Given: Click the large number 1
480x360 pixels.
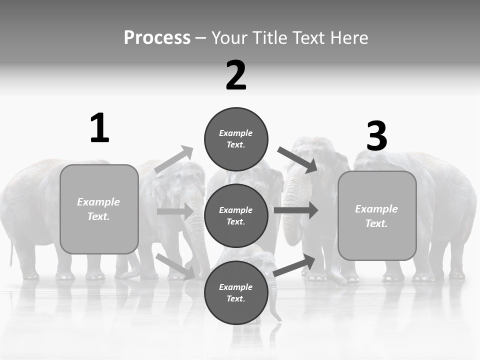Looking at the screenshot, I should pos(99,128).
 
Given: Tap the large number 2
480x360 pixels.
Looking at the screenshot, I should pos(236,75).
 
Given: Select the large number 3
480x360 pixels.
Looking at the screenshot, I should pos(376,136).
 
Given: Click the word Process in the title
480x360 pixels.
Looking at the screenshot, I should pos(157,37).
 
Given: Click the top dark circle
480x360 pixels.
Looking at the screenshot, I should pos(236,139).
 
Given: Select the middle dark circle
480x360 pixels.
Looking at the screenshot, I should pos(236,215).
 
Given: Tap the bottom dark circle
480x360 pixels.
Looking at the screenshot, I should pos(236,292).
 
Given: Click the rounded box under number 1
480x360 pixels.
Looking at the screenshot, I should pos(99,209).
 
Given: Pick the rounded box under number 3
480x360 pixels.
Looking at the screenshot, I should pos(377,215).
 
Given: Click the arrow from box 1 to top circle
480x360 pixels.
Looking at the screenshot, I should pos(174,159).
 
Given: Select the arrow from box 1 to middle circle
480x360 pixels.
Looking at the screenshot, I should pos(175,211).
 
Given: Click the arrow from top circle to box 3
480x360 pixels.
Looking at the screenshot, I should pos(297,160).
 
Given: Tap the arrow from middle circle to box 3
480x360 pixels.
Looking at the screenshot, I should pos(296,210).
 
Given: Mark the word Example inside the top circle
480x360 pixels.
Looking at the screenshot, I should pos(236,133).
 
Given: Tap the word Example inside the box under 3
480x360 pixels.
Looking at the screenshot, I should pos(376,209).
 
